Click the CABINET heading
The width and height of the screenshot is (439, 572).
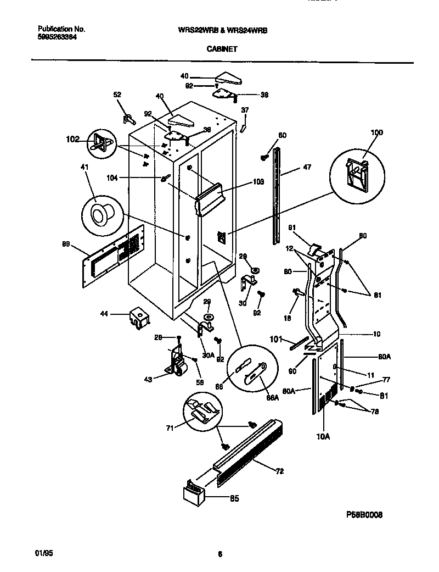(x=222, y=48)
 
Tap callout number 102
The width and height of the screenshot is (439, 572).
(x=72, y=139)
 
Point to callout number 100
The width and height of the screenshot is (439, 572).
(x=376, y=132)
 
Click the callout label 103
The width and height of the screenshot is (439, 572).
(x=259, y=182)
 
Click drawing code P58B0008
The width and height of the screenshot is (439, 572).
(x=364, y=515)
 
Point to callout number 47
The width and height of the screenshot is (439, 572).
(x=307, y=168)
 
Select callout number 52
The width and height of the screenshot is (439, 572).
(x=117, y=95)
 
